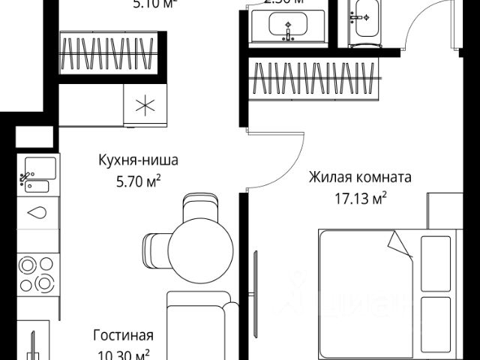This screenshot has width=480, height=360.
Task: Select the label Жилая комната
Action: pos(361,179)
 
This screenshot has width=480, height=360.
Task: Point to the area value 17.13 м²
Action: pos(361,199)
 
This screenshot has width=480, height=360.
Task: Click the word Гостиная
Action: pos(124,335)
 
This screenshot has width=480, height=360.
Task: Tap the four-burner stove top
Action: pos(37,273)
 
